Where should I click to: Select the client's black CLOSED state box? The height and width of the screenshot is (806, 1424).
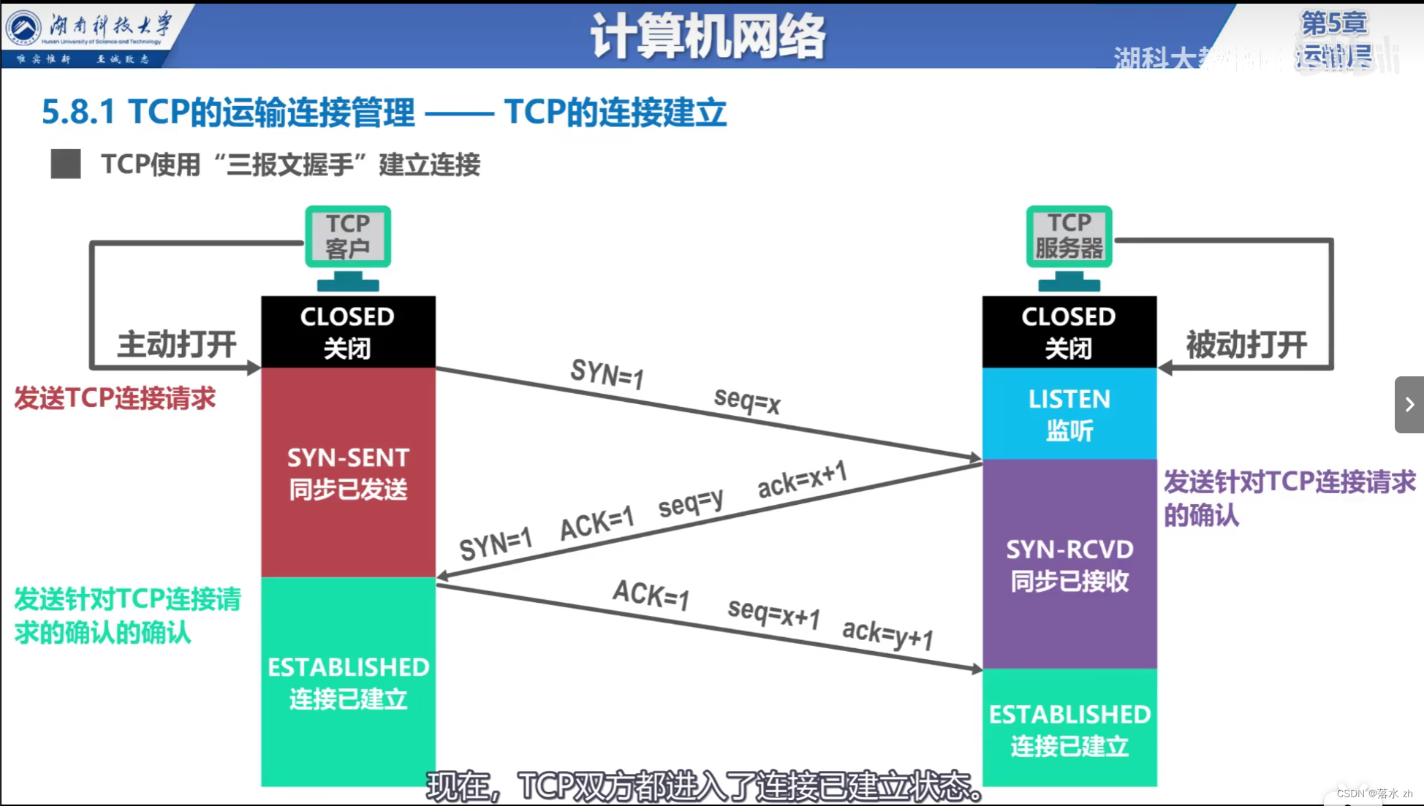[348, 332]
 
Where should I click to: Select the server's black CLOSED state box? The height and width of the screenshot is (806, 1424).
[1069, 332]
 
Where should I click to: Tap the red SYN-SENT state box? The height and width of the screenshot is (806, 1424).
[348, 473]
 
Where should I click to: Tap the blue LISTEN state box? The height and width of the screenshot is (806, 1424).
[1069, 414]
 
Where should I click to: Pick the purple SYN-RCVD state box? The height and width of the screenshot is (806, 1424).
[1069, 564]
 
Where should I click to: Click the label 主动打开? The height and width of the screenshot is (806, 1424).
[177, 344]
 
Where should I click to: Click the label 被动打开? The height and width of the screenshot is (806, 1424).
[1246, 345]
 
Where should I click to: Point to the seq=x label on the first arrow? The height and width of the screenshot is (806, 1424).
[747, 400]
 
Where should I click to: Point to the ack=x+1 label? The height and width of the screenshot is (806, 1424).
[802, 479]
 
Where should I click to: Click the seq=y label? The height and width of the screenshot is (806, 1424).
[691, 503]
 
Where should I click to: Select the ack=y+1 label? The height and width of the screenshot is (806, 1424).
[887, 634]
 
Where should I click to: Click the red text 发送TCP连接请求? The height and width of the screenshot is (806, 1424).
[115, 398]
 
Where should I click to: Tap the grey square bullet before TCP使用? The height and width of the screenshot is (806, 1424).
[66, 164]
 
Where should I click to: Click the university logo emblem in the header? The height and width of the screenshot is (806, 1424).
[24, 28]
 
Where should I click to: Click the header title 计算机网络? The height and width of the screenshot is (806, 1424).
[708, 37]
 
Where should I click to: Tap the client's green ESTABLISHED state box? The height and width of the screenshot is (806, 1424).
[348, 682]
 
